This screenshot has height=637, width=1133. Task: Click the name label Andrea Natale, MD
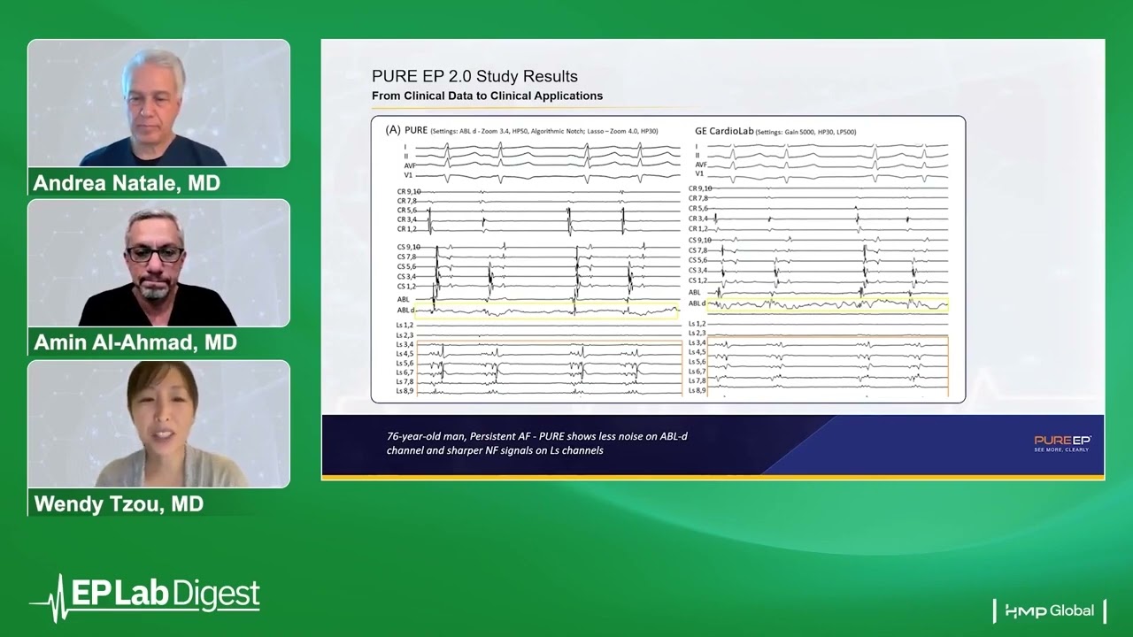127,183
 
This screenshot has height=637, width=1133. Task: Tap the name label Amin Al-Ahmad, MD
135,342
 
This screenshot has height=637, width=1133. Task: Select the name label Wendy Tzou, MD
119,503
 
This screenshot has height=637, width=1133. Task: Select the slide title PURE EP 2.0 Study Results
474,77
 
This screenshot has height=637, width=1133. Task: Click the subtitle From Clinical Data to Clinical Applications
487,96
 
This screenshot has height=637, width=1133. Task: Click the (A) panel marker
393,130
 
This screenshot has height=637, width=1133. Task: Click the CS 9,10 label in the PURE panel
408,247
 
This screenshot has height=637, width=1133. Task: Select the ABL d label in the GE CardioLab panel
697,303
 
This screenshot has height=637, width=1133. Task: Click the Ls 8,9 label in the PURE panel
405,391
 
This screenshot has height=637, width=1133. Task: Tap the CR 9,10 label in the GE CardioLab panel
699,188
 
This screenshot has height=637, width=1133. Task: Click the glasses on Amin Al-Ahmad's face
155,254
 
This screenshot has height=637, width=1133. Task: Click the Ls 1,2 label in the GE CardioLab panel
697,324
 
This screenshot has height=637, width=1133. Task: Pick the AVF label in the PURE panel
409,165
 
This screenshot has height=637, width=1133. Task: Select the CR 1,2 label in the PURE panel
406,229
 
